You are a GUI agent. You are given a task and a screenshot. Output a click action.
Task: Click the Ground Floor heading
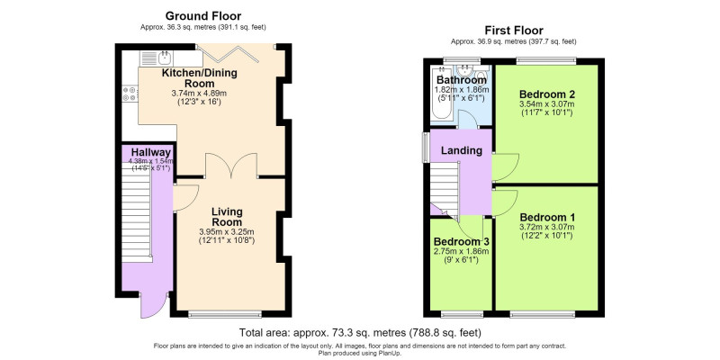(x=203, y=16)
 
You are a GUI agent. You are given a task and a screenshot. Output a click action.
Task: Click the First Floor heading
(x=514, y=31)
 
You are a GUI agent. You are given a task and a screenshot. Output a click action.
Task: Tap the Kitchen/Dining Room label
(x=199, y=78)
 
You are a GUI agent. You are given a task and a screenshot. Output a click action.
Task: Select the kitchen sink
(x=165, y=58)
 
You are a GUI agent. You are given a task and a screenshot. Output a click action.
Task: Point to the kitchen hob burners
(x=130, y=94)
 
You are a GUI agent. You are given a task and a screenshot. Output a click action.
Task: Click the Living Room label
(x=227, y=217)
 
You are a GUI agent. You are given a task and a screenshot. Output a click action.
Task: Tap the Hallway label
(x=151, y=152)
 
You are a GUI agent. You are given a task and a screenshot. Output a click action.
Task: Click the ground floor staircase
(x=137, y=211)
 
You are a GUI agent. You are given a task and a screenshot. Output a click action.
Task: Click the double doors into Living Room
(x=231, y=166)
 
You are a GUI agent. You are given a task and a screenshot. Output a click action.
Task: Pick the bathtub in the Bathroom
(x=441, y=96)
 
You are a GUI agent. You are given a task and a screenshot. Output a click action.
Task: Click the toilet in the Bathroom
(x=481, y=74)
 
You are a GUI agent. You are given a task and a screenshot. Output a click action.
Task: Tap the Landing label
(x=462, y=150)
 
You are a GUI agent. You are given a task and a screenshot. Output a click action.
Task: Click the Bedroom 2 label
(x=545, y=94)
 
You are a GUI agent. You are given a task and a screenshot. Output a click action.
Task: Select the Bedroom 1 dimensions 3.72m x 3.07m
(x=547, y=227)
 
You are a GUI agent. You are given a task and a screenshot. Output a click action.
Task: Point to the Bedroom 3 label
(x=461, y=241)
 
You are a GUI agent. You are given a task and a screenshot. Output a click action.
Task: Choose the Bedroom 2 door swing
(x=506, y=167)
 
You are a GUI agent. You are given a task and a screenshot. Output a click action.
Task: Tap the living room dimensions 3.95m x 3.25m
(x=227, y=231)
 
